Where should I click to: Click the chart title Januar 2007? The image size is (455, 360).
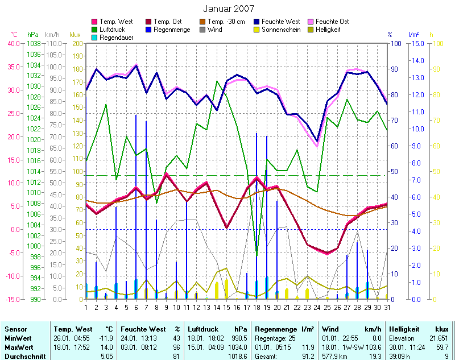click(228, 9)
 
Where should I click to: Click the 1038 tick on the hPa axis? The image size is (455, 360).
click(34, 44)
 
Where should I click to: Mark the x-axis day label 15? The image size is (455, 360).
click(226, 308)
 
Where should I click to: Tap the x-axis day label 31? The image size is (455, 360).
click(387, 308)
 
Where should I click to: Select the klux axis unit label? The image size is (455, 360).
click(75, 34)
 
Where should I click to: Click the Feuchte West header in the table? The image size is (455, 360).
click(143, 329)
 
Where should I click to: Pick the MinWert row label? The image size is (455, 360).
click(18, 338)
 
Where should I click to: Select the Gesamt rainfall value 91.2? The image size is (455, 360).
click(306, 355)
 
